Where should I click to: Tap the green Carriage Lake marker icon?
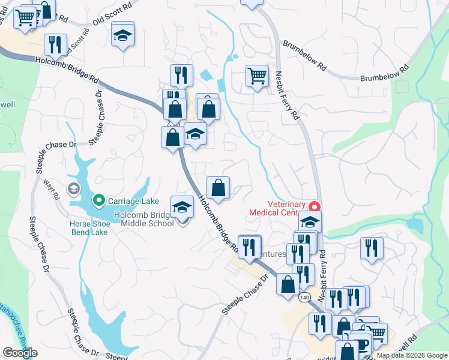(x=97, y=200)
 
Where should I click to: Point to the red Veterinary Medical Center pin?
(x=316, y=206)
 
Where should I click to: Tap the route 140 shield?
(x=305, y=298)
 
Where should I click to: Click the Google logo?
(x=20, y=353)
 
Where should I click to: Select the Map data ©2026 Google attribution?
(x=411, y=355)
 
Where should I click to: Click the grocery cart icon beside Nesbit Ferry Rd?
(x=257, y=76)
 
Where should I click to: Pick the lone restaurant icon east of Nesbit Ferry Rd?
(x=372, y=247)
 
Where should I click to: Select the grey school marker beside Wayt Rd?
(x=74, y=190)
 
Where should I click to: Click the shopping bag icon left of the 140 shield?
(x=288, y=284)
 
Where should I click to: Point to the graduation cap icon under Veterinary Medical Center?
(x=310, y=221)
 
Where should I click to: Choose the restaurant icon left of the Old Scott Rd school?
(x=55, y=44)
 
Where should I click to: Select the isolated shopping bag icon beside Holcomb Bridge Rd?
(x=218, y=187)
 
